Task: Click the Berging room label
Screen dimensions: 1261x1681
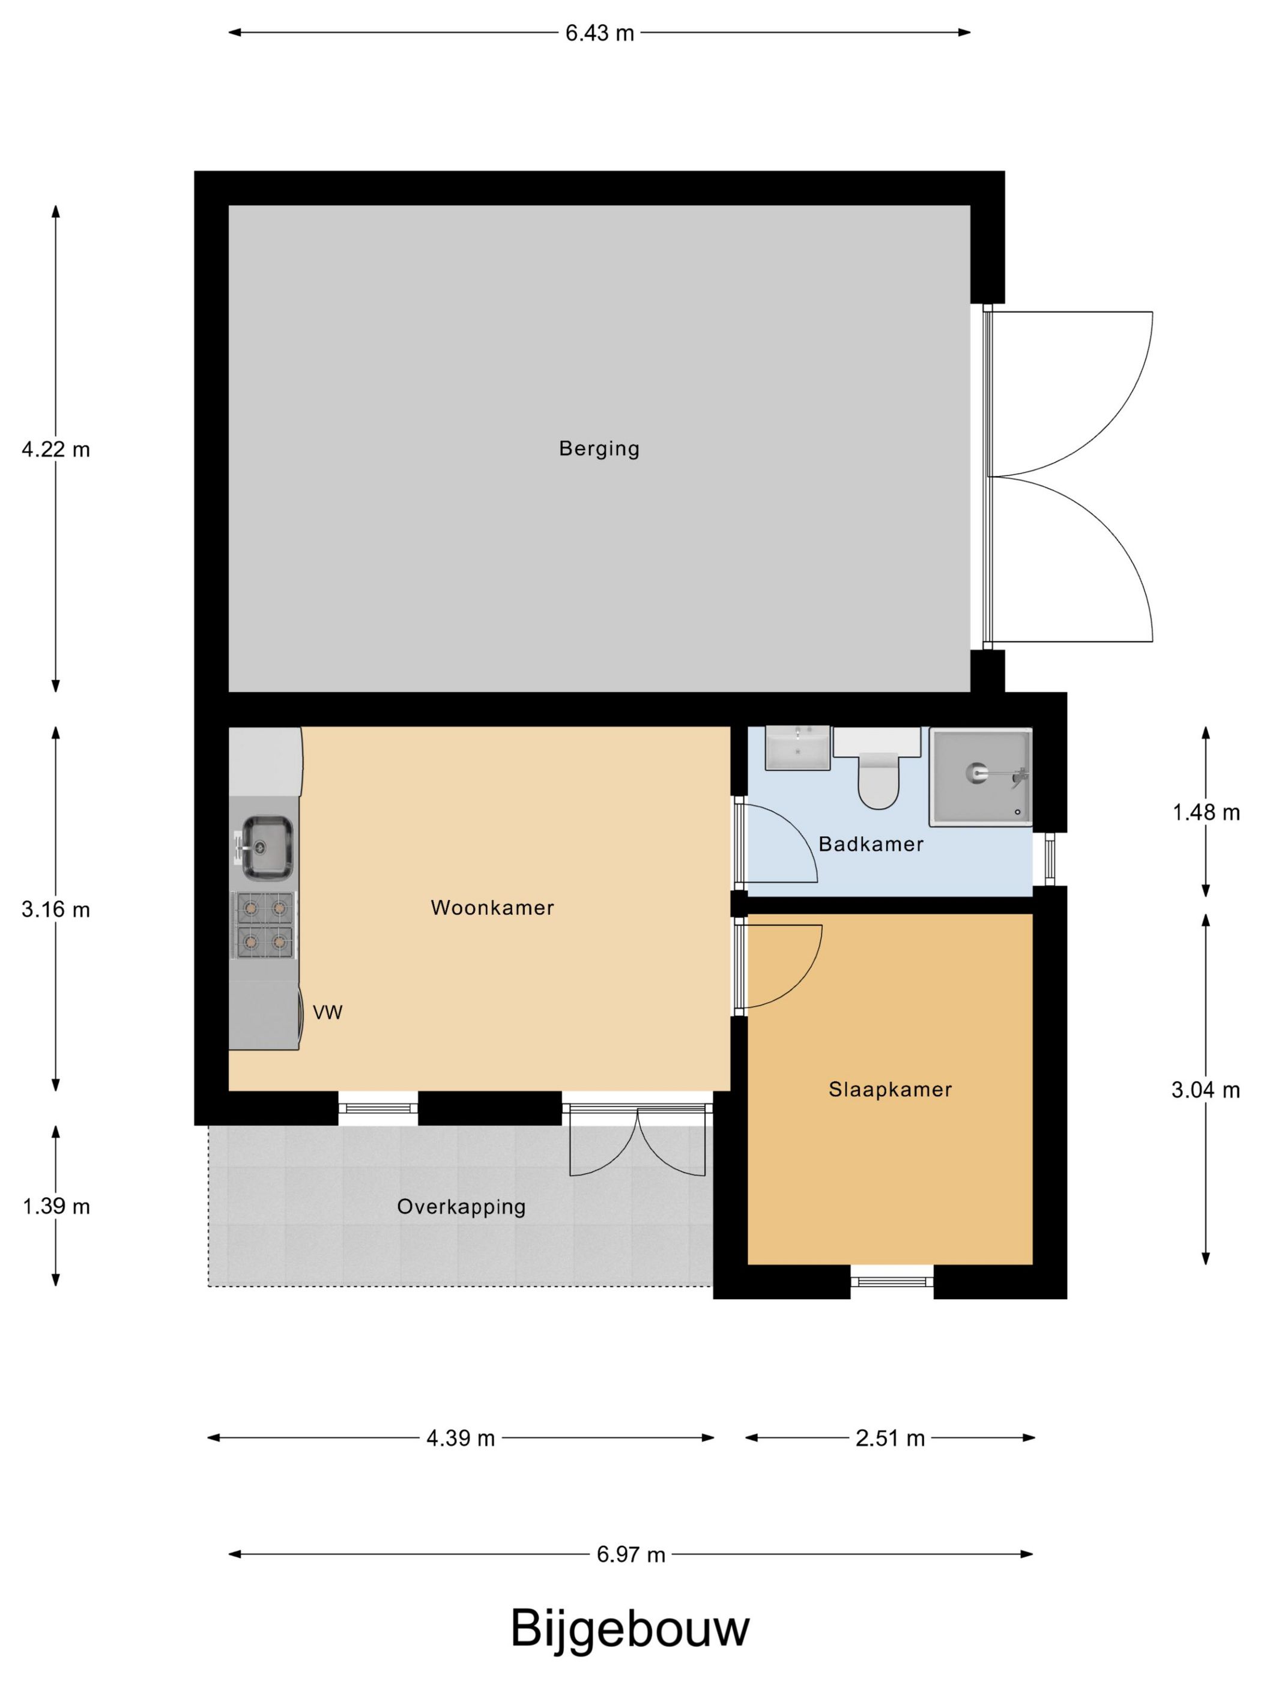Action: click(x=599, y=448)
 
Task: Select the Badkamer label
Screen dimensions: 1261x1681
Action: click(x=871, y=844)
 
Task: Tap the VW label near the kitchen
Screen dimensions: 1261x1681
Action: click(x=328, y=1012)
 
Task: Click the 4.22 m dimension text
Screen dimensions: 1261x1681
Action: click(x=55, y=449)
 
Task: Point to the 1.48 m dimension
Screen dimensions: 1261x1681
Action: click(x=1206, y=812)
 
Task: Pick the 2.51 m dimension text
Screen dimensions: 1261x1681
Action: click(x=890, y=1438)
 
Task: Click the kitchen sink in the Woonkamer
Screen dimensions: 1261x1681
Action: click(x=263, y=845)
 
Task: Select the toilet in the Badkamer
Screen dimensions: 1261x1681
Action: click(x=878, y=768)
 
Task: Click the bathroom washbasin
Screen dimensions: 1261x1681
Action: click(x=797, y=749)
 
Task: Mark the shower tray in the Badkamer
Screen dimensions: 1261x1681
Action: click(x=981, y=777)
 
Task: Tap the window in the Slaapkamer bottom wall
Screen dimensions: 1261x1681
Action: click(x=892, y=1281)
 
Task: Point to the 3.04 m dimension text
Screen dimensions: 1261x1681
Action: click(x=1206, y=1090)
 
